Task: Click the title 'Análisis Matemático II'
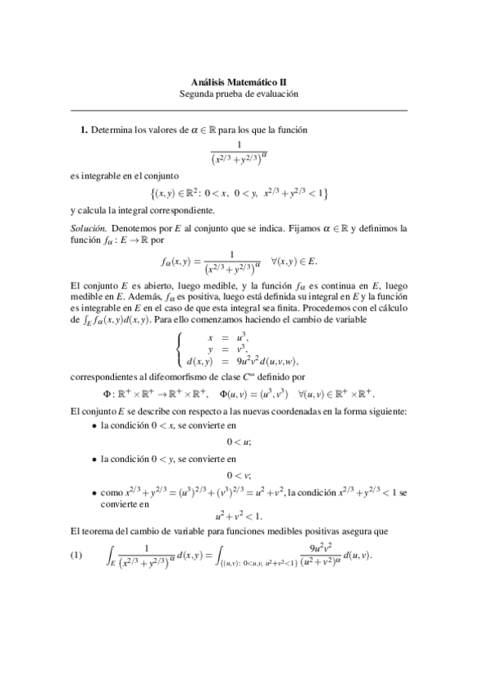click(239, 82)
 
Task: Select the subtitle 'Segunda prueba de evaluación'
click(239, 94)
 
